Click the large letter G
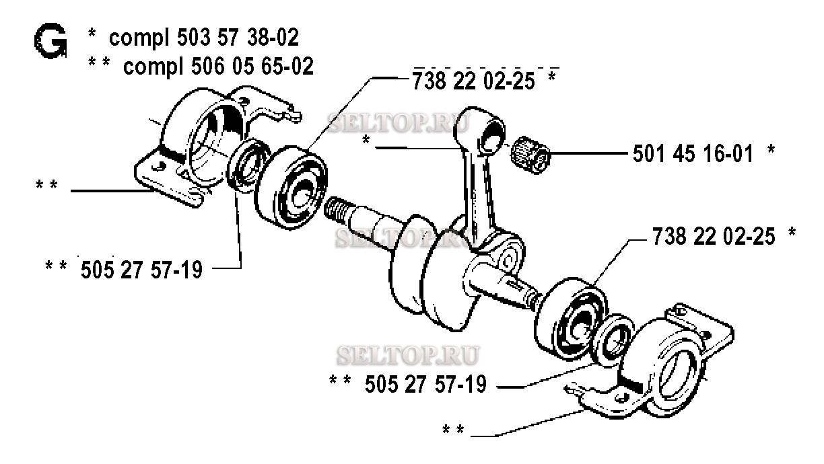pos(50,40)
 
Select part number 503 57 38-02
pos(238,38)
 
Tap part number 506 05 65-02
pos(252,66)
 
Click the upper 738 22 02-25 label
pos(473,81)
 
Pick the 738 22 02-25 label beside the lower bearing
pos(714,236)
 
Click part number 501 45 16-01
pos(693,153)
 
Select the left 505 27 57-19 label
pos(141,270)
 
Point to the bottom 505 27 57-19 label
pos(425,384)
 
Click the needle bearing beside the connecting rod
pos(530,154)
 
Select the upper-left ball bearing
pos(291,188)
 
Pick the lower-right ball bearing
pos(571,319)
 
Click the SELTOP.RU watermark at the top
pos(399,122)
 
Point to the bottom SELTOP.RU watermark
pos(408,355)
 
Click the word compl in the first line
pos(139,38)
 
